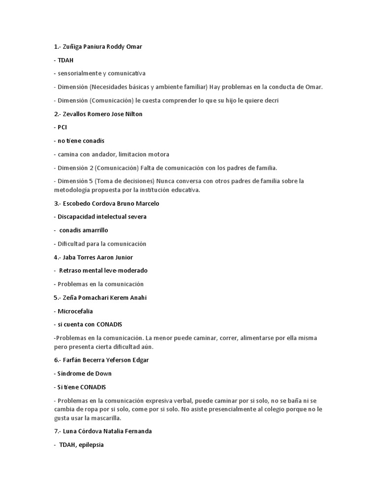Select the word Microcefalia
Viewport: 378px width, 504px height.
tap(75, 311)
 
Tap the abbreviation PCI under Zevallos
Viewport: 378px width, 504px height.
tap(62, 127)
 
